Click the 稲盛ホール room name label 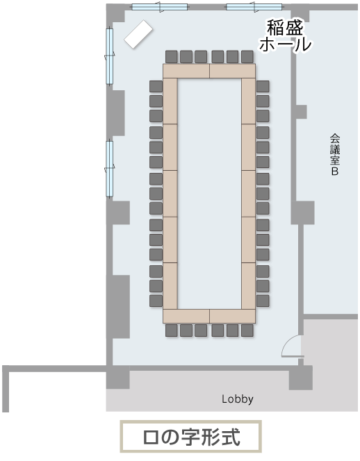click(x=285, y=36)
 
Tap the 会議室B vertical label click(x=335, y=155)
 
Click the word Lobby click(x=237, y=399)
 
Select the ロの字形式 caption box click(x=190, y=436)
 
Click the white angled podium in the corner click(x=138, y=34)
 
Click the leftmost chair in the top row click(x=172, y=56)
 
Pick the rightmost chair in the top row click(x=247, y=56)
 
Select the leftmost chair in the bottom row click(x=172, y=330)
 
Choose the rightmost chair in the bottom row click(x=247, y=330)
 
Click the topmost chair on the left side click(x=156, y=86)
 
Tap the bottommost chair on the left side click(x=156, y=301)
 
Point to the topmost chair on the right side click(x=263, y=86)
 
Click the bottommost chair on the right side click(x=263, y=301)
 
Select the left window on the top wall click(x=160, y=7)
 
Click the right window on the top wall click(x=254, y=7)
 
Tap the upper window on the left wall click(x=110, y=56)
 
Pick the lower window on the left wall click(x=110, y=169)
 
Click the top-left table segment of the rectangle click(x=186, y=71)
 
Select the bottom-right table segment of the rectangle click(x=233, y=316)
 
